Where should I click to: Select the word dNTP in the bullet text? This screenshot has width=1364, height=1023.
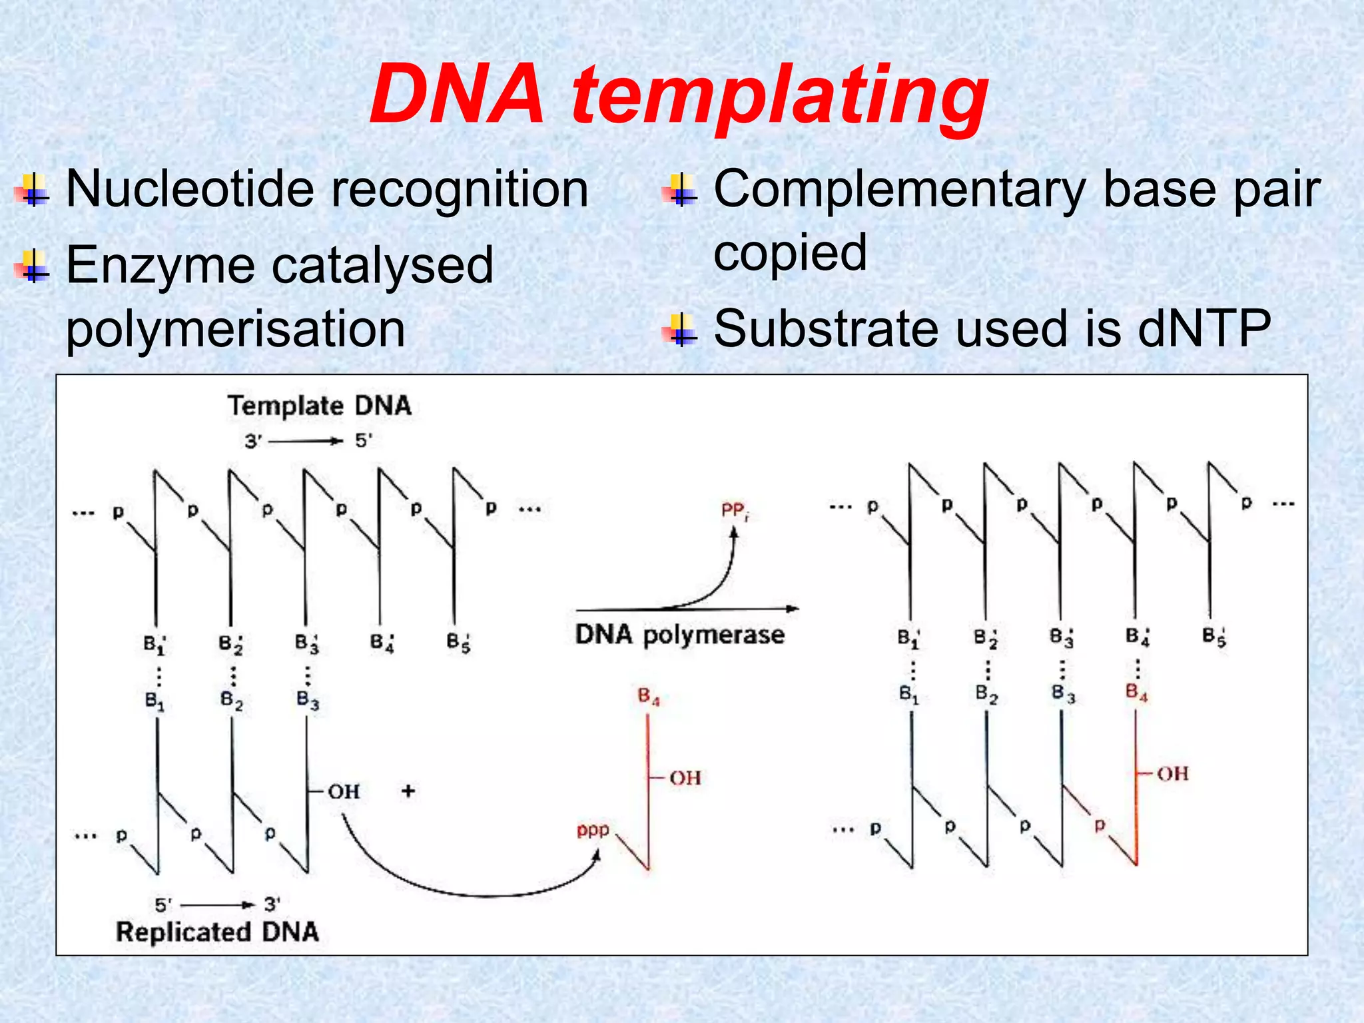(1204, 329)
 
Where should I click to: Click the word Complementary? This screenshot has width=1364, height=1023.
(899, 189)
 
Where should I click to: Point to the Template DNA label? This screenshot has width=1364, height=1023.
(319, 406)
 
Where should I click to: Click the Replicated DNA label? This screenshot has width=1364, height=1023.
(217, 931)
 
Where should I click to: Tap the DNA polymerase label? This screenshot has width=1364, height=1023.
(679, 635)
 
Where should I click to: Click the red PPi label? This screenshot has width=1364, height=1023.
(735, 511)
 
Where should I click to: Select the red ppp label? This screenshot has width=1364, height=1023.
(592, 830)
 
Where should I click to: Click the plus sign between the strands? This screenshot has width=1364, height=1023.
(408, 791)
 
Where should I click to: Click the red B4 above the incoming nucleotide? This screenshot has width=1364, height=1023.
(648, 697)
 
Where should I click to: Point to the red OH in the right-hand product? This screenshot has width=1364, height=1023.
(1172, 774)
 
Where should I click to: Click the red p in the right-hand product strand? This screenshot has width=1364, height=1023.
(1100, 825)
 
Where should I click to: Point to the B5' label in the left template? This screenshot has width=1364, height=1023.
(458, 643)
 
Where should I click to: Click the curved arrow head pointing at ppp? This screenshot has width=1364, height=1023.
(596, 855)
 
